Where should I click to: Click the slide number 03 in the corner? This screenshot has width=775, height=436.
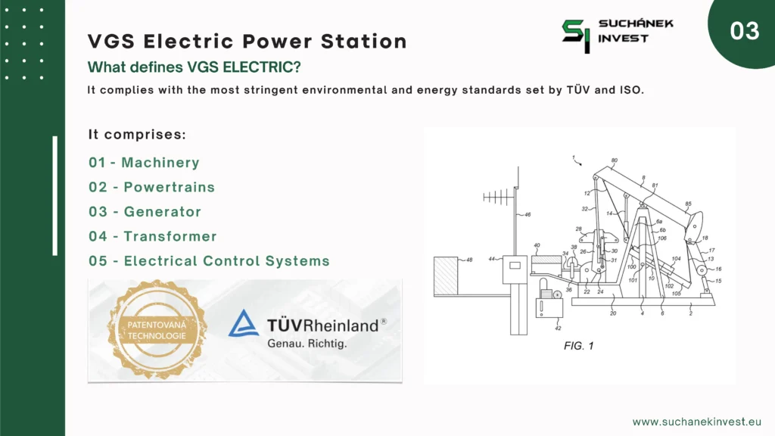(x=745, y=30)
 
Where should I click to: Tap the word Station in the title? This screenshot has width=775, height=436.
(x=364, y=41)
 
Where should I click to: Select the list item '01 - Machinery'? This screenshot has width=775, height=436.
(x=144, y=162)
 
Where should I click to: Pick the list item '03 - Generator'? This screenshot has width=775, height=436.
(x=145, y=212)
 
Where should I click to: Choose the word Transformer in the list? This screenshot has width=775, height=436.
(x=170, y=236)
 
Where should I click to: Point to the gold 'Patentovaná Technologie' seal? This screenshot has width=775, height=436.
(x=157, y=330)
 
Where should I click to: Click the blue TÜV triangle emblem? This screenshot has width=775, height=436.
(x=244, y=323)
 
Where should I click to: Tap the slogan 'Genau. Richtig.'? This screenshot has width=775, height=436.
(x=307, y=343)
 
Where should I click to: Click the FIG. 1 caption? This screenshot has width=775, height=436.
(x=578, y=345)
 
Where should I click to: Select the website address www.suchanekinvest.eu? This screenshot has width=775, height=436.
(x=697, y=422)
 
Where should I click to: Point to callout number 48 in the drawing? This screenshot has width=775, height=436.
(x=469, y=260)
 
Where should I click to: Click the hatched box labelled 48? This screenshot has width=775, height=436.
(x=446, y=276)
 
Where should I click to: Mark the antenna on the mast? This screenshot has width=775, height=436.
(x=498, y=198)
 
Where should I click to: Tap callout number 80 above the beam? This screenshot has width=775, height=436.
(x=614, y=160)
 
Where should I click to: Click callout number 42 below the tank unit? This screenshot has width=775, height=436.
(x=558, y=328)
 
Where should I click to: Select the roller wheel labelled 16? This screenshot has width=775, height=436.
(x=702, y=270)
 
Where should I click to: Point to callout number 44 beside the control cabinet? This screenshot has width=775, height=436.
(x=492, y=259)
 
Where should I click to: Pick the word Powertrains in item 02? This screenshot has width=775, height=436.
(x=169, y=187)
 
